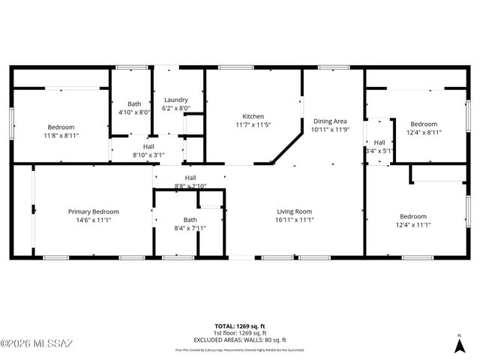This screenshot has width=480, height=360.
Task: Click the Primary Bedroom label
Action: (x=94, y=211)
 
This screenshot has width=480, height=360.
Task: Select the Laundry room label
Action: (x=176, y=100)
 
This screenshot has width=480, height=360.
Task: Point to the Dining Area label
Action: (x=330, y=121)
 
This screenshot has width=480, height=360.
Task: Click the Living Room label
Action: (x=293, y=211)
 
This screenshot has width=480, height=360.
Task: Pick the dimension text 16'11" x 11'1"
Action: (x=293, y=220)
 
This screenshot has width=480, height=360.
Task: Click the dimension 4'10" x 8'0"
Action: (x=134, y=112)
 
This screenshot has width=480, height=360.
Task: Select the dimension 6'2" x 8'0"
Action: (x=176, y=108)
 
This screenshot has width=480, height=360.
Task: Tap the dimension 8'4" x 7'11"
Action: (x=169, y=228)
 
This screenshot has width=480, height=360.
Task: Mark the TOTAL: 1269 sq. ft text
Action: (x=239, y=326)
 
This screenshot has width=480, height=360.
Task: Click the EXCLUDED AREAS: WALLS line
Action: (x=239, y=340)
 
